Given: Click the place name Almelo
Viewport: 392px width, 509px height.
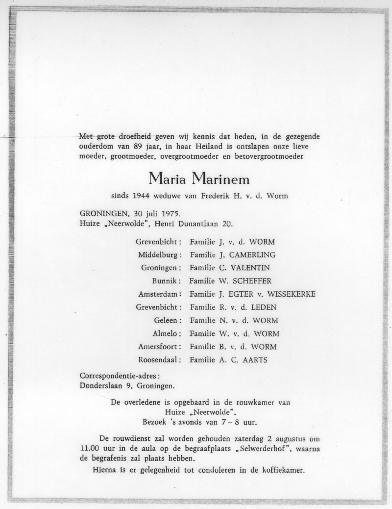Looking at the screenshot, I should coord(165,334).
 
